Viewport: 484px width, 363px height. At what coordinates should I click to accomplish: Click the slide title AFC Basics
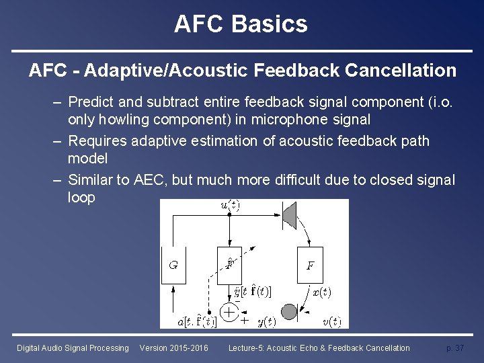[241, 24]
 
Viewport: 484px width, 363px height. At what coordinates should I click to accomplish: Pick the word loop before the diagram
[81, 198]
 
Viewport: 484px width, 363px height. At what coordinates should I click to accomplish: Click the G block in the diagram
[173, 266]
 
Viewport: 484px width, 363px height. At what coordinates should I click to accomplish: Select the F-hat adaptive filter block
[230, 266]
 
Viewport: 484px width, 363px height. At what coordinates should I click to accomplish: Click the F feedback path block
[310, 266]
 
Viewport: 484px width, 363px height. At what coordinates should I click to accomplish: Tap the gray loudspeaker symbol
[290, 214]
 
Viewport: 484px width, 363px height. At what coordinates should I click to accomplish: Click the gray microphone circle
[288, 312]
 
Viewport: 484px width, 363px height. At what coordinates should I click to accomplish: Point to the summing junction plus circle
[230, 313]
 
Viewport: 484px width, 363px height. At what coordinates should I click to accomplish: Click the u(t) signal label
[231, 205]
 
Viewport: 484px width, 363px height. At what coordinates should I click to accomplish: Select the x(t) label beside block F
[322, 292]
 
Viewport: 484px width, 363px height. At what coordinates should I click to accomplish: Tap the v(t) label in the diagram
[330, 321]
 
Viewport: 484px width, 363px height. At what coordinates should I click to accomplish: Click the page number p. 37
[455, 348]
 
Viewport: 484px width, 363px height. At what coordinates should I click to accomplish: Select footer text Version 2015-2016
[173, 348]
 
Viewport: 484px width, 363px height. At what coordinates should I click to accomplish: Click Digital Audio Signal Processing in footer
[73, 348]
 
